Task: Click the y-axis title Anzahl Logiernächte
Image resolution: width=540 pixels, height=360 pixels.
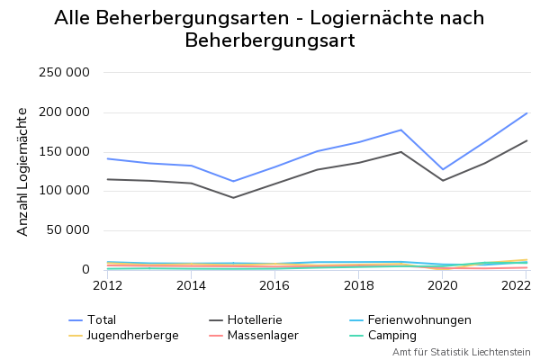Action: [22, 171]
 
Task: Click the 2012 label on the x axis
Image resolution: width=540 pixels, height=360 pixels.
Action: [107, 285]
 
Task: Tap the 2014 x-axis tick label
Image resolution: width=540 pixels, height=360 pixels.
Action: [191, 285]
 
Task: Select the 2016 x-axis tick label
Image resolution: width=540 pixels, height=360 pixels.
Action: [274, 285]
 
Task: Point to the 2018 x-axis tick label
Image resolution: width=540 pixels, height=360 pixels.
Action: [359, 285]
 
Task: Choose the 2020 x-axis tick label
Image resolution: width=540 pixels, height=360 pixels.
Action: [443, 285]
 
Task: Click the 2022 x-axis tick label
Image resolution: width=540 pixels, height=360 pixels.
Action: [514, 285]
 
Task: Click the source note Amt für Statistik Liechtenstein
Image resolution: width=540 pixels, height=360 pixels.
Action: [461, 352]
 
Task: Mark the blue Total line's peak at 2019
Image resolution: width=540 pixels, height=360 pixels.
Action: [401, 130]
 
